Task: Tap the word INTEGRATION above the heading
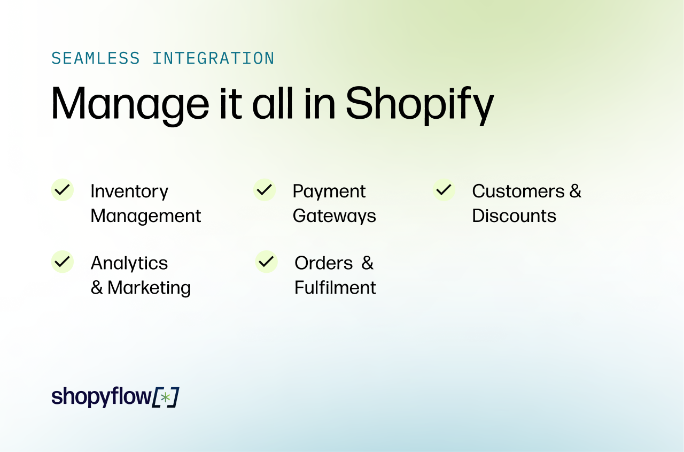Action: click(x=213, y=58)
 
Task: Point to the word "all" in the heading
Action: click(x=273, y=103)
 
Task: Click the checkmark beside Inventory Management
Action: click(x=63, y=190)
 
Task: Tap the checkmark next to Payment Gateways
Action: click(x=265, y=190)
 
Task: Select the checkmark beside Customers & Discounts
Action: click(x=444, y=190)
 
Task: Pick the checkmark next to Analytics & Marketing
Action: click(x=63, y=262)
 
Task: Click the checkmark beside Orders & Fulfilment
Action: click(x=266, y=262)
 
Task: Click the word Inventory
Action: click(x=129, y=191)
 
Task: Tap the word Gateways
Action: click(x=335, y=216)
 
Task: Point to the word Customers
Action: click(x=518, y=191)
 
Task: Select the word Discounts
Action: click(x=514, y=216)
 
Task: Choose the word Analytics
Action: click(x=129, y=263)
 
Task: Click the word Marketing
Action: click(x=149, y=288)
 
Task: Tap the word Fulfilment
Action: click(x=335, y=288)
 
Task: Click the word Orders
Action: click(x=324, y=263)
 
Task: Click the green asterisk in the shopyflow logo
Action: click(x=166, y=397)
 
